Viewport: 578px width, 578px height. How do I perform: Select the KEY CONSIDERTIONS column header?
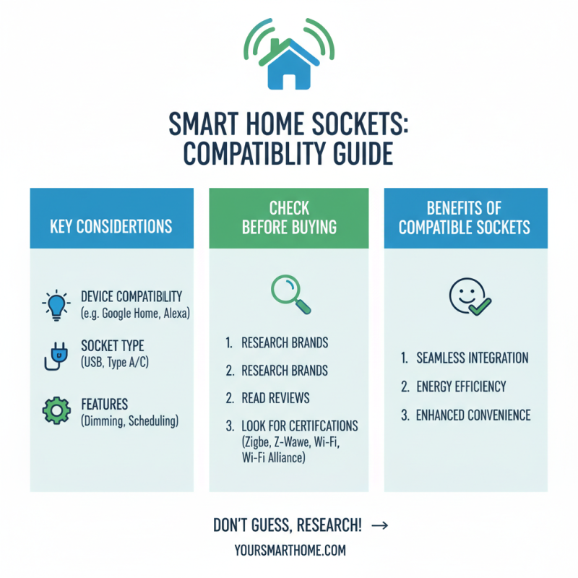coord(111,225)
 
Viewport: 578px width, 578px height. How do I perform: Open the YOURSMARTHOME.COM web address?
coord(290,550)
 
